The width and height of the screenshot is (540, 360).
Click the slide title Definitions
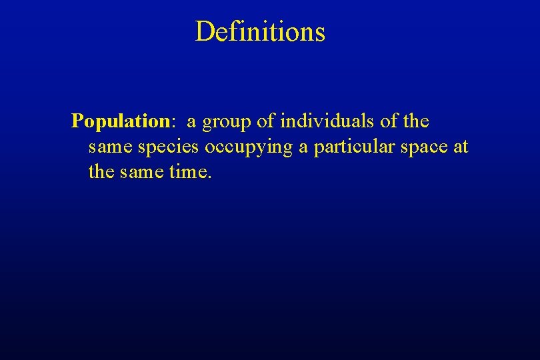click(x=260, y=31)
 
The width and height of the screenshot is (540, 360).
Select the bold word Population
click(x=121, y=121)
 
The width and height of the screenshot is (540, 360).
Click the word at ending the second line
click(x=461, y=147)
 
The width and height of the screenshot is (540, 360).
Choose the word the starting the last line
click(x=101, y=173)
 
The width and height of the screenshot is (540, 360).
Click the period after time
click(x=210, y=178)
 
